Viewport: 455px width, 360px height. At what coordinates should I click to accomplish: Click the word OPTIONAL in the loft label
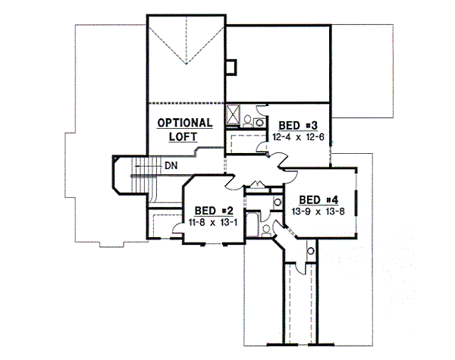tap(184, 124)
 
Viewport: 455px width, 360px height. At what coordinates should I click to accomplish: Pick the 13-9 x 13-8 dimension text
tap(317, 211)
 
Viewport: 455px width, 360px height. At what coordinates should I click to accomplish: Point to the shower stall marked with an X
tap(234, 114)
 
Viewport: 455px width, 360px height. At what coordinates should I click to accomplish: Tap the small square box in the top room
tap(233, 66)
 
